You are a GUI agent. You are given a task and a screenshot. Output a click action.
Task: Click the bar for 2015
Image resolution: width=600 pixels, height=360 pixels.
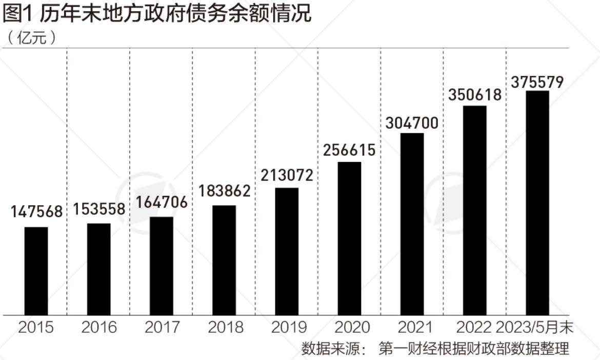pos(36,271)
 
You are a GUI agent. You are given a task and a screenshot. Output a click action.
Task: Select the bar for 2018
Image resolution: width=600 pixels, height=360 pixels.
pos(224,260)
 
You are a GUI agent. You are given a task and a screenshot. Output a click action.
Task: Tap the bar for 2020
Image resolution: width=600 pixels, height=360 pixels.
pos(349,238)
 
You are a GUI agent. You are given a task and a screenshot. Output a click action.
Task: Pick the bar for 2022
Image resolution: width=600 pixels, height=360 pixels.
pos(474,210)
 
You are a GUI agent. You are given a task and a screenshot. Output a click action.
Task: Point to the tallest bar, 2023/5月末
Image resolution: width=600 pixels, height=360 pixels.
pos(537,203)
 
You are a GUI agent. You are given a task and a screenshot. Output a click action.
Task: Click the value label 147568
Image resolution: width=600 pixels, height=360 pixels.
pos(36,212)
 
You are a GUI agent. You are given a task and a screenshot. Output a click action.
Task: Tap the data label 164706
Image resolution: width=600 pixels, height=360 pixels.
pos(162,202)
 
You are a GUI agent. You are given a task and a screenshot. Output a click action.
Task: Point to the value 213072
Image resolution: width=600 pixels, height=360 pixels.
pos(287,174)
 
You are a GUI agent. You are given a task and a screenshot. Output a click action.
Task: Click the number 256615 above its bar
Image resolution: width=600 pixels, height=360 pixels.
pos(349,149)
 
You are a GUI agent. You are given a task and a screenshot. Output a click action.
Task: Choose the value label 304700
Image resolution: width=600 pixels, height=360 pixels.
pos(412,123)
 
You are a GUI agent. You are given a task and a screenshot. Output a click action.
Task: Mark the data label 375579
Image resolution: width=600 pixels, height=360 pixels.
pos(537,82)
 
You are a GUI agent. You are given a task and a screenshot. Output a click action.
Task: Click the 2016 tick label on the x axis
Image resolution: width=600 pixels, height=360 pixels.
pos(99,327)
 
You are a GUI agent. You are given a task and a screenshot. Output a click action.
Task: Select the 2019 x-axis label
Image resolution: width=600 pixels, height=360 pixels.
pos(287,327)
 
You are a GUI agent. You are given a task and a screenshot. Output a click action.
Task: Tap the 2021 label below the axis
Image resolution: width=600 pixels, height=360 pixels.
pos(412,327)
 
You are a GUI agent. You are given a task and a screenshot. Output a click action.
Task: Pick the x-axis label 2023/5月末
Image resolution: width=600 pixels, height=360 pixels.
pos(535,327)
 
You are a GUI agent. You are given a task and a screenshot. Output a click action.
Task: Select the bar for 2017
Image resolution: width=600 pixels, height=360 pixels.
pos(162,266)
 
